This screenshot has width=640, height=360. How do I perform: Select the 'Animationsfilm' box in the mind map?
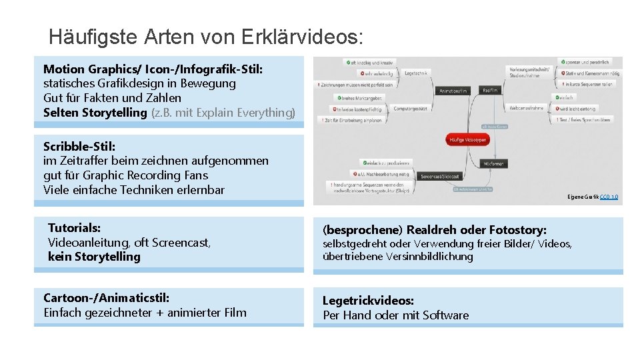point(453,91)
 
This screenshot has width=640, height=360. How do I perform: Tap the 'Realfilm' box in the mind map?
point(490,89)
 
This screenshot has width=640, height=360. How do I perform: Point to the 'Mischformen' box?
point(494,163)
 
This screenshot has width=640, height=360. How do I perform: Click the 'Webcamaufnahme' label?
point(527,107)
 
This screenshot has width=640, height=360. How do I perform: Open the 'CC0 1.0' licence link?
point(609,197)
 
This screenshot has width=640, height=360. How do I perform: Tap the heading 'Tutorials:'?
point(74,228)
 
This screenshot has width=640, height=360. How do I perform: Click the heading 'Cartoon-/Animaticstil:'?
point(106,297)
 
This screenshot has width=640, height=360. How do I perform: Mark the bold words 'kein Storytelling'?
point(94,257)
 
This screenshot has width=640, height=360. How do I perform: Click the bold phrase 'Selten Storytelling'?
point(95,113)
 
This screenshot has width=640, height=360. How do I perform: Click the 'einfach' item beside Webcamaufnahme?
point(567,98)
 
